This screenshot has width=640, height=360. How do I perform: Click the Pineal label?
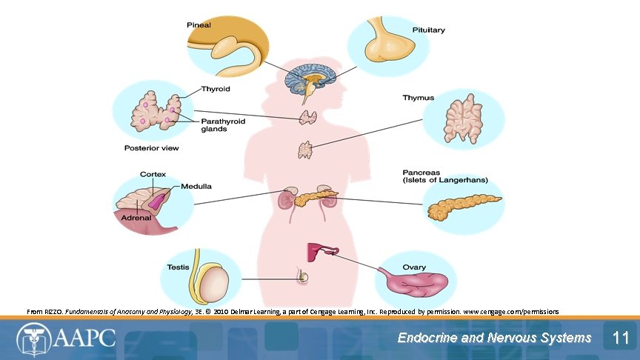(199, 24)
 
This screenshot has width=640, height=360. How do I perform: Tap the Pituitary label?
(428, 30)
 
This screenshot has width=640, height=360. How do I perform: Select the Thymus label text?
(418, 98)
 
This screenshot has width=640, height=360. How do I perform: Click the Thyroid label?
(216, 89)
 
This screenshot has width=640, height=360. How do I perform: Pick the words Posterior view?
(151, 148)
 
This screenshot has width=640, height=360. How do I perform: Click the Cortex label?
(153, 174)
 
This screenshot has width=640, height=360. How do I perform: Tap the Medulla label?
(196, 186)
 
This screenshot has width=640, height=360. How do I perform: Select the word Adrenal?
(137, 218)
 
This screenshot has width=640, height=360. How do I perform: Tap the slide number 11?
(621, 339)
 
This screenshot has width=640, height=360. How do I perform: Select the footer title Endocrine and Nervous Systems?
(494, 339)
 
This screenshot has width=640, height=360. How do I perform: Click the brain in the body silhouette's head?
(313, 80)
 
